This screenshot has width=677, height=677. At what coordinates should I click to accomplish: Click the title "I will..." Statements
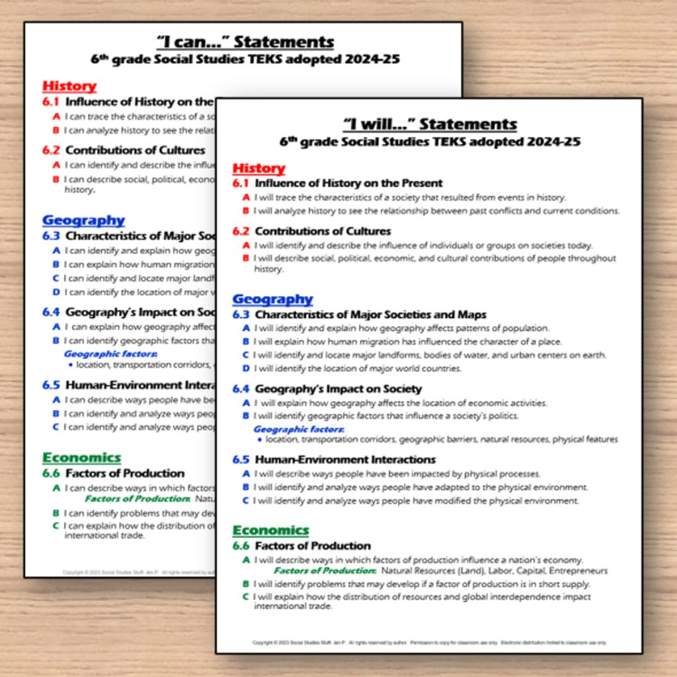(430, 124)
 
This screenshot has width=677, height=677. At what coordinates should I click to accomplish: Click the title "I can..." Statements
(245, 42)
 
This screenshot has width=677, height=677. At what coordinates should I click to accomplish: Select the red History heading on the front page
(259, 168)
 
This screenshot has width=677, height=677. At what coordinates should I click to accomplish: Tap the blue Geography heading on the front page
(272, 299)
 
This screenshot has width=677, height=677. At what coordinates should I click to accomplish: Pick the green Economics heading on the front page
(270, 530)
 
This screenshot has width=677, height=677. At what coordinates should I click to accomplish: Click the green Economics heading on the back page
(81, 458)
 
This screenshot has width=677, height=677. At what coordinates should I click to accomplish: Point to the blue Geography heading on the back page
(83, 220)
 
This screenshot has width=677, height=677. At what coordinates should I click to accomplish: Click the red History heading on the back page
(69, 86)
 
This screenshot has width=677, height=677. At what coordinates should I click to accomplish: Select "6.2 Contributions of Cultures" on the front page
(311, 231)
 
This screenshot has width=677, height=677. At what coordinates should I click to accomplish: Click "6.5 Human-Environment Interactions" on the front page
(334, 459)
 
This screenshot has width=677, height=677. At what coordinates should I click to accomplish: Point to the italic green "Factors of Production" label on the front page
(325, 571)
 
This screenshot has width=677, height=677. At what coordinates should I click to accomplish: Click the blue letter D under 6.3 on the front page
(246, 368)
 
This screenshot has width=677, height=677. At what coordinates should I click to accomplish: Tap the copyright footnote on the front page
(429, 642)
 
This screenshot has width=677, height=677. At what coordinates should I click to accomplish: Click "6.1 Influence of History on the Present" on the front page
(337, 183)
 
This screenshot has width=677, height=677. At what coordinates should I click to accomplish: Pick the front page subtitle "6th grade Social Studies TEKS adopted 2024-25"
(430, 142)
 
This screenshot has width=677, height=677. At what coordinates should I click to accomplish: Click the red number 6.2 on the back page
(51, 150)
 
